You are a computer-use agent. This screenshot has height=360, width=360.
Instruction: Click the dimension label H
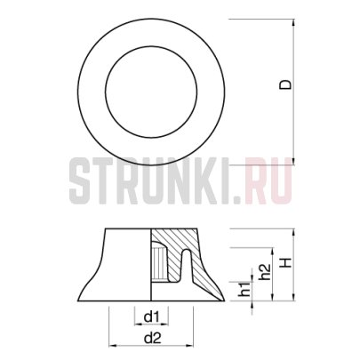coord(284,265)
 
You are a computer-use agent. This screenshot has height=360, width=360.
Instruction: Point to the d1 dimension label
coord(151,317)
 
